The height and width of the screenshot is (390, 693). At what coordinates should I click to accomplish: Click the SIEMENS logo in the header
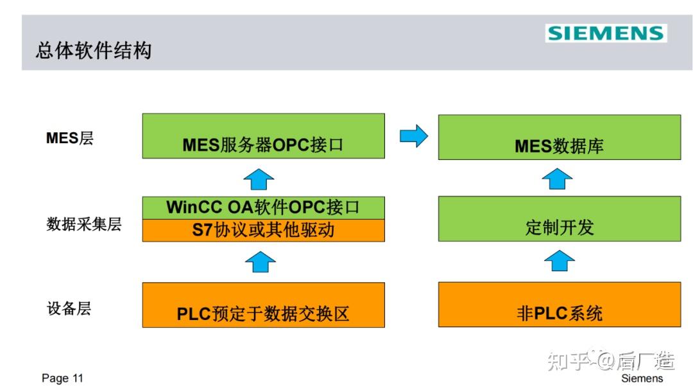(606, 33)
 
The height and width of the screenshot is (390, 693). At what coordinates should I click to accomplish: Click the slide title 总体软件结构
(94, 51)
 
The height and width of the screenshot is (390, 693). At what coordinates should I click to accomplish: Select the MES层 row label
(70, 138)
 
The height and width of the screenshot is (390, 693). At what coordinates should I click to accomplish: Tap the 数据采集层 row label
(84, 224)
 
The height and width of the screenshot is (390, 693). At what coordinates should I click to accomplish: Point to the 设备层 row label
(69, 308)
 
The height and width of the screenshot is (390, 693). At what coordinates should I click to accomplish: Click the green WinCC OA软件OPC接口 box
(263, 208)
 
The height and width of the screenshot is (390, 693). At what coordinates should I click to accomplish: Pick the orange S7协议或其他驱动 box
(263, 231)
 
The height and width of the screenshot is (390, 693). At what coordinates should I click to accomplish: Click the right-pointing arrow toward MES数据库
(413, 136)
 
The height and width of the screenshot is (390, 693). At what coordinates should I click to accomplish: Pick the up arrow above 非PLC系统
(559, 261)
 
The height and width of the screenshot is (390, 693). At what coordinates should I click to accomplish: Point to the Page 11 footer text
(62, 378)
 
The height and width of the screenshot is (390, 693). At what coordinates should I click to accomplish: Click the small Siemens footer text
(642, 378)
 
